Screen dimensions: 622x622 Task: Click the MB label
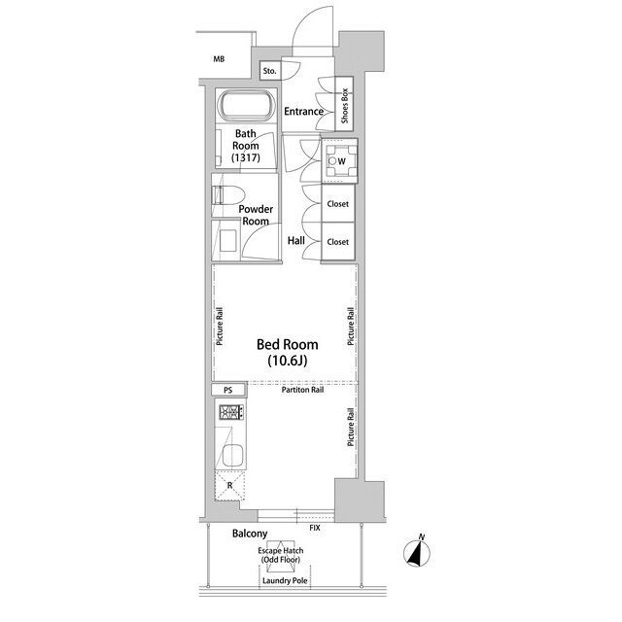click(219, 59)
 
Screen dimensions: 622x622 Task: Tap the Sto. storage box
click(270, 71)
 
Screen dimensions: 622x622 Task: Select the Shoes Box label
click(344, 106)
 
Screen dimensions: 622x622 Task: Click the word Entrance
click(304, 112)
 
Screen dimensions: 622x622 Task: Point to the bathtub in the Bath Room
click(246, 105)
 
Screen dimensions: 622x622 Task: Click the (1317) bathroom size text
click(246, 157)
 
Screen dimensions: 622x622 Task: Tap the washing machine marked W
click(339, 160)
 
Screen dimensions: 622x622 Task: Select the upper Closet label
click(338, 204)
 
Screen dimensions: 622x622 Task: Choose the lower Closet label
click(338, 242)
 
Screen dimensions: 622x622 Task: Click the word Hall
click(296, 240)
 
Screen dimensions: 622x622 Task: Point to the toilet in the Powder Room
click(228, 195)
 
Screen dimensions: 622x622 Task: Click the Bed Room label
click(288, 344)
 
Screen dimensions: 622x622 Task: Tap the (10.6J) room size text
click(288, 361)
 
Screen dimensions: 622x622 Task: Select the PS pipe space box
click(228, 390)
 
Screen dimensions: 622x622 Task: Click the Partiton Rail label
click(302, 390)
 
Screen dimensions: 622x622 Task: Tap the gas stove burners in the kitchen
click(231, 412)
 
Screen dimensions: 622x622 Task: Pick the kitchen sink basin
click(232, 456)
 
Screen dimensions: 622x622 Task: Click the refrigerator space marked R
click(230, 485)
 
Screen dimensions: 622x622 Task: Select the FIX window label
click(315, 528)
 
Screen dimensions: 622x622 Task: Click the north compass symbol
click(417, 551)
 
